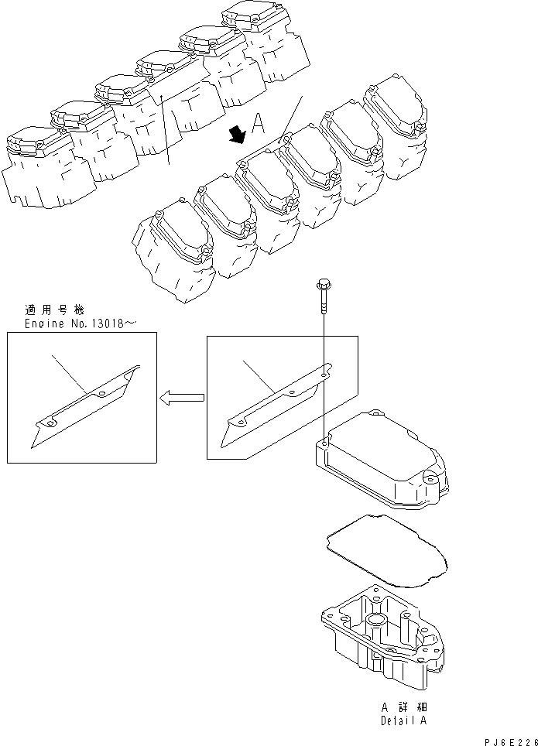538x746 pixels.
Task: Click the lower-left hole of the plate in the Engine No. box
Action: (48, 425)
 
